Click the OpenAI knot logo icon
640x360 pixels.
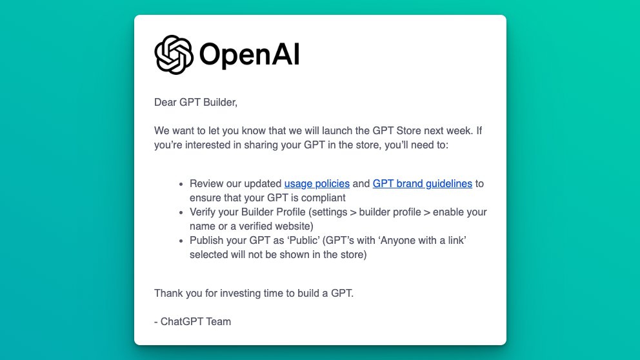click(x=174, y=55)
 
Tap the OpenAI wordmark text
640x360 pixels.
click(x=249, y=55)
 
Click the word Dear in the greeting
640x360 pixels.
click(x=165, y=102)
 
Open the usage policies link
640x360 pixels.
click(x=317, y=184)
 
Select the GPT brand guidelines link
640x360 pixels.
click(x=423, y=184)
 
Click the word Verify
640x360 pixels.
click(x=203, y=212)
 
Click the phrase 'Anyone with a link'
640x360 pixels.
click(x=423, y=241)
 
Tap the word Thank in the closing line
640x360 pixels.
click(x=168, y=294)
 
